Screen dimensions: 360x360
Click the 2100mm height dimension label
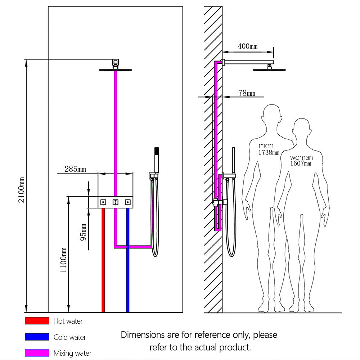click(x=22, y=189)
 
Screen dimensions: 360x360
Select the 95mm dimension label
click(x=83, y=232)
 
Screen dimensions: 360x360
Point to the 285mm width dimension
click(x=75, y=168)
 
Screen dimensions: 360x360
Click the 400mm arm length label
click(x=248, y=46)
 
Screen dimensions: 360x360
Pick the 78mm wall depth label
click(x=247, y=93)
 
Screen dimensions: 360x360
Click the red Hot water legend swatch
click(x=37, y=321)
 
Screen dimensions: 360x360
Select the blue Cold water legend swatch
click(x=37, y=337)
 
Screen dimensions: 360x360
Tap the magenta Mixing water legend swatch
click(x=37, y=353)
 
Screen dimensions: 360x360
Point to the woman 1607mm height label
click(x=301, y=160)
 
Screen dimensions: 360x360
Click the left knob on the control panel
click(x=103, y=202)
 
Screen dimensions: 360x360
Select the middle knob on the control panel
click(x=116, y=202)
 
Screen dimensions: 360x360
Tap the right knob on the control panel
click(x=127, y=202)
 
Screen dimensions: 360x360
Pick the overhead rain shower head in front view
click(x=116, y=70)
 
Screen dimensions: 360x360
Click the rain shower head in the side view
click(x=269, y=69)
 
